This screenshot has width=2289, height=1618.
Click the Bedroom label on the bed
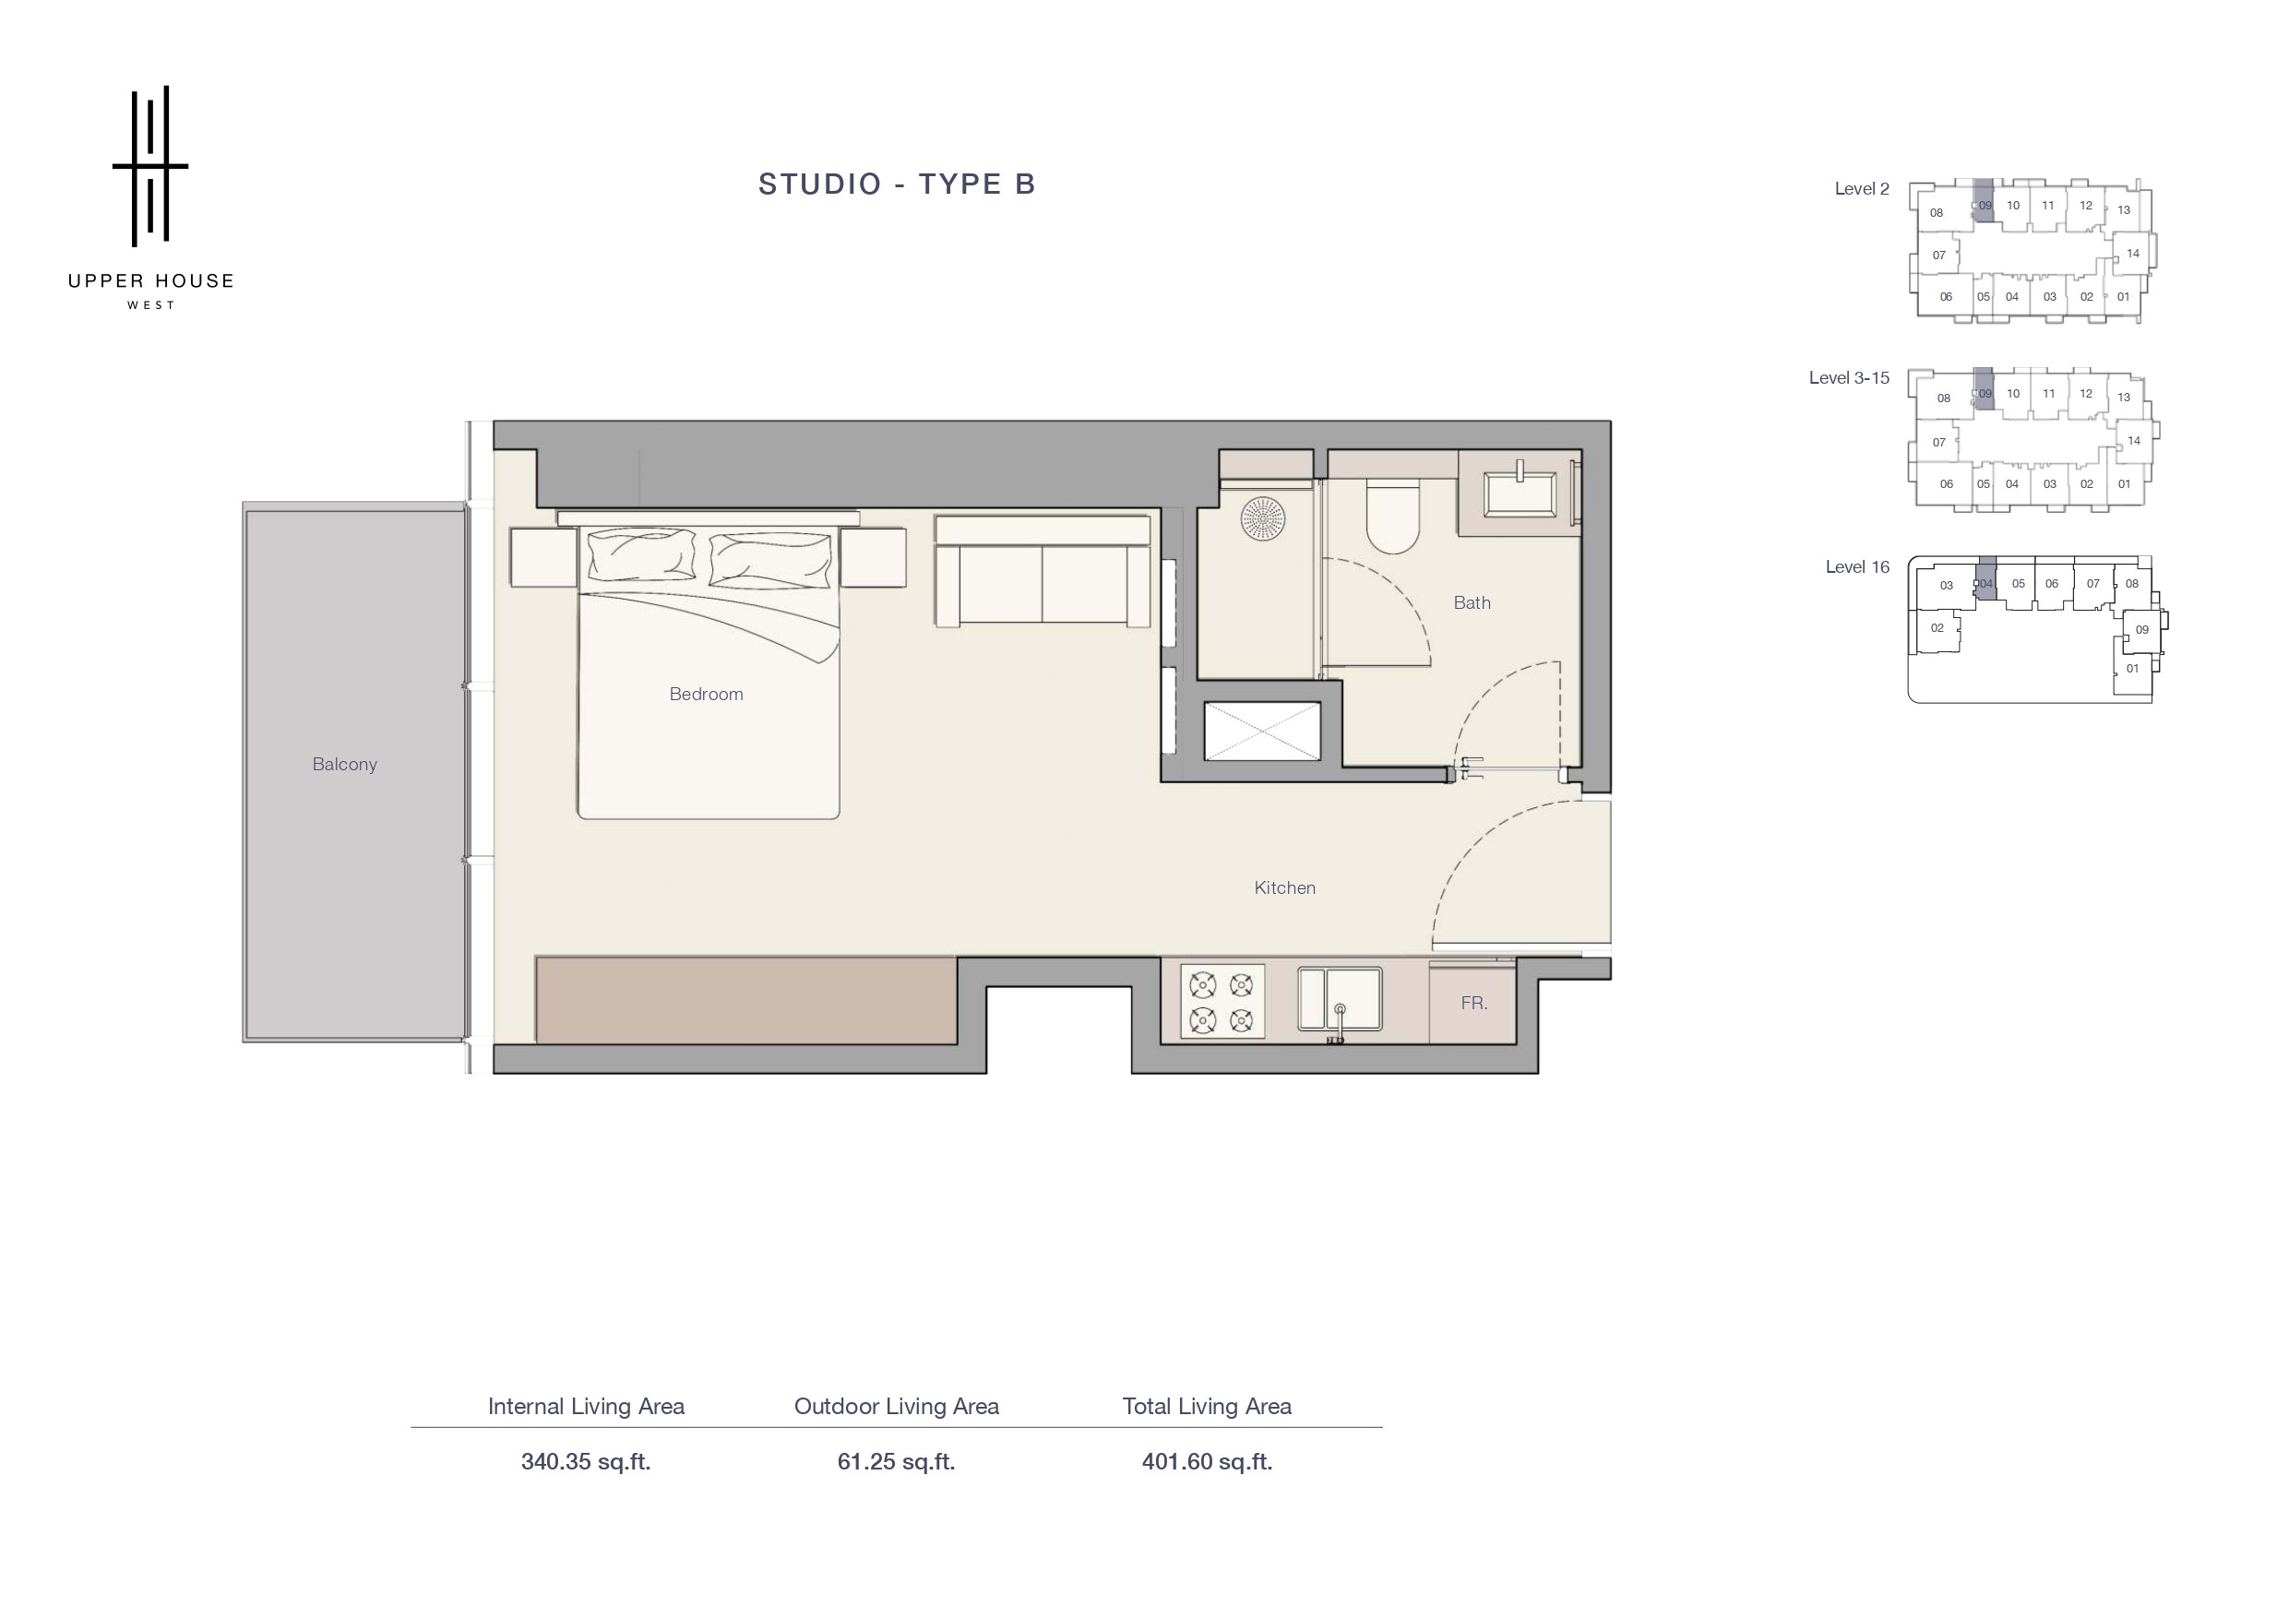(706, 694)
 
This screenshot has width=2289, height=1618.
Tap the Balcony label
(344, 765)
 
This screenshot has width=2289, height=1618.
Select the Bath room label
(1472, 602)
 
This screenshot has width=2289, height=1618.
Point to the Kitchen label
(1284, 887)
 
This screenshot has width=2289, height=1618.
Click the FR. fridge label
(1473, 1003)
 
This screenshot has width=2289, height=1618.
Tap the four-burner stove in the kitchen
(1222, 1001)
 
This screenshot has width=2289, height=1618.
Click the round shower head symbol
(1262, 519)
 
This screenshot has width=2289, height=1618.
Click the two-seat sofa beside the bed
(1042, 570)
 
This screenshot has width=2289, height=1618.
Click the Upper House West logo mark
(149, 165)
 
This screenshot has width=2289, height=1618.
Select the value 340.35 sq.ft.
(585, 1461)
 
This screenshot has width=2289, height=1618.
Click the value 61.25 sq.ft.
(896, 1461)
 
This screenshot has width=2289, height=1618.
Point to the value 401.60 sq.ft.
(1206, 1461)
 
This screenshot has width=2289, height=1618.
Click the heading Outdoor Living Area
(896, 1406)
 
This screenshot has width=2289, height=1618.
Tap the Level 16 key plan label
(1856, 566)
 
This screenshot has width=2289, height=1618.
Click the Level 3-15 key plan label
(1848, 378)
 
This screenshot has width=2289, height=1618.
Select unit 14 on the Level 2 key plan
(2132, 254)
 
